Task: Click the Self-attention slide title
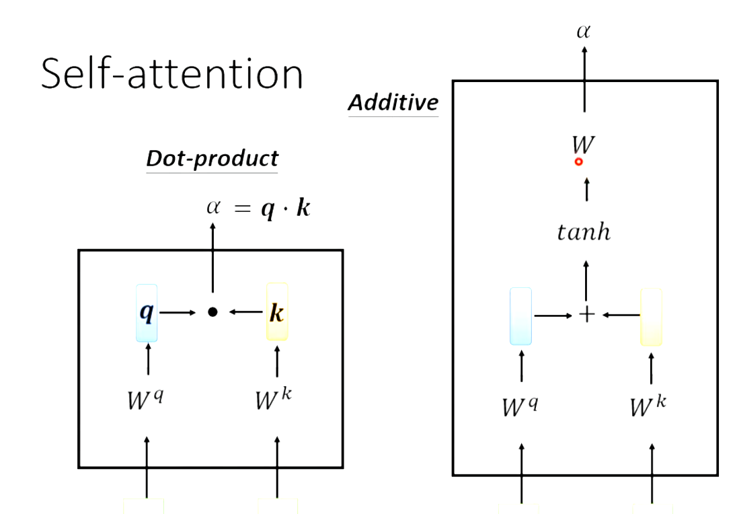pos(172,73)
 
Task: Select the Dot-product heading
pos(212,158)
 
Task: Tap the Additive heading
pos(393,103)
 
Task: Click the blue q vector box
pos(147,313)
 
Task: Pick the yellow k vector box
pos(277,312)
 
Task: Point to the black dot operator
pos(212,312)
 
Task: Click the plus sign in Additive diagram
pos(586,314)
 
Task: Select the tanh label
pos(584,233)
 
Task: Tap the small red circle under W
pos(578,162)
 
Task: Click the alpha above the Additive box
pos(583,31)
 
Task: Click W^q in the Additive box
pos(520,406)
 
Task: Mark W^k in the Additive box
pos(648,406)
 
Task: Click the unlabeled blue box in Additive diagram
pos(520,316)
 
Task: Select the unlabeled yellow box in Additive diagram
pos(651,316)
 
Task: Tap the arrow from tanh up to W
pos(587,190)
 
